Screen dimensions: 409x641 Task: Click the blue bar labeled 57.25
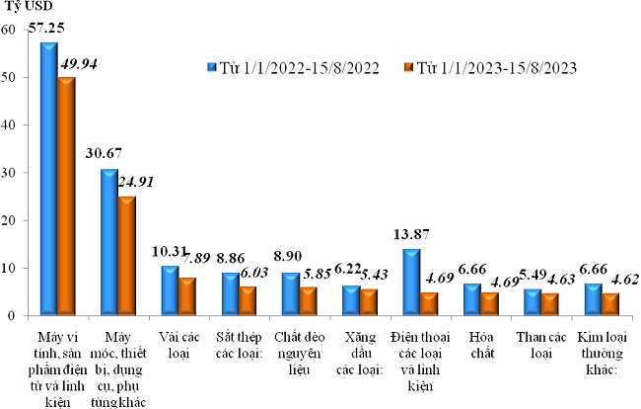point(48,178)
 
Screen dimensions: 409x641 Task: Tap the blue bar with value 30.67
point(108,242)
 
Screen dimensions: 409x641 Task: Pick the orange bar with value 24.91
point(126,256)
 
